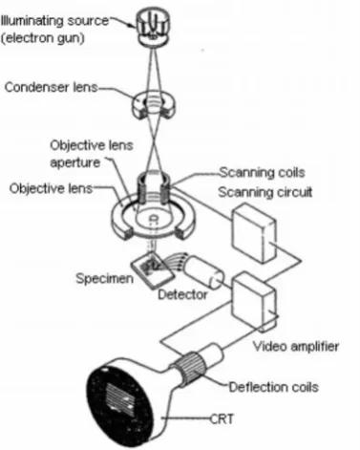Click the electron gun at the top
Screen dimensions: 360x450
(153, 27)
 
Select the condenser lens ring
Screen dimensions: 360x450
(154, 106)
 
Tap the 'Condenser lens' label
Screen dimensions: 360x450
(51, 87)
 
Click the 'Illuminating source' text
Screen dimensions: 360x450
(54, 21)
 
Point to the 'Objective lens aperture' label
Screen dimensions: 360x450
(92, 154)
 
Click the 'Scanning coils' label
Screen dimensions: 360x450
(263, 172)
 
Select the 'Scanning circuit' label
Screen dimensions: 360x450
(265, 192)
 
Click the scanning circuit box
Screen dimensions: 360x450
(254, 233)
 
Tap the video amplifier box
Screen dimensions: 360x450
(253, 301)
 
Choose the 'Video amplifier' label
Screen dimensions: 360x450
(296, 346)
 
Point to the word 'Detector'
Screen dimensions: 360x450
(182, 294)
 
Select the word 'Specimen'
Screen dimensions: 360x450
(104, 279)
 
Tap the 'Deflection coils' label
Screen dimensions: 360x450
(274, 387)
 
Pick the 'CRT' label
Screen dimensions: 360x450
(222, 418)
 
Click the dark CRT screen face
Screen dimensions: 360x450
(120, 405)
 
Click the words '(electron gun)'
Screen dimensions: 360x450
(42, 38)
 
